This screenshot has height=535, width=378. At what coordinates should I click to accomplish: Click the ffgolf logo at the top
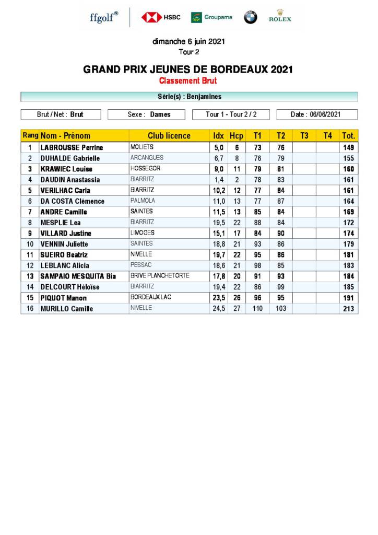coord(104,17)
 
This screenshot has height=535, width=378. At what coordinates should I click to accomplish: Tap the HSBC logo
coord(161,17)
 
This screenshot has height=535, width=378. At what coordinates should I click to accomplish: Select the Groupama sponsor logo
coord(211,17)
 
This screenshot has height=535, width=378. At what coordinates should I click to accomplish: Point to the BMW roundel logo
coord(251,17)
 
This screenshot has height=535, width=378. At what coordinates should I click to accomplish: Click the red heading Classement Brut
coord(188,81)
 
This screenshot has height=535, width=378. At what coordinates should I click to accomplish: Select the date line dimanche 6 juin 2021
coord(188,41)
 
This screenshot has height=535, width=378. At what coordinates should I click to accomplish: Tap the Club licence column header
coord(169,136)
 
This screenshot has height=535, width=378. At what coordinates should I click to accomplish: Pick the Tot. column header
coord(348,136)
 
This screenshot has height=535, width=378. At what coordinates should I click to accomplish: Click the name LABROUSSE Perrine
coord(72,148)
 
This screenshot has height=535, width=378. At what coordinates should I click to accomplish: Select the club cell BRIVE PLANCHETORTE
coord(160,276)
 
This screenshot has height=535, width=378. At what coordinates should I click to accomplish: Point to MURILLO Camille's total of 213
coord(348,309)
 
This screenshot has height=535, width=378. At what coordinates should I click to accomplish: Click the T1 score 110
coord(257,309)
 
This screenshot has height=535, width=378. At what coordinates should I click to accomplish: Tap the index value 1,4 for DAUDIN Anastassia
coord(219,180)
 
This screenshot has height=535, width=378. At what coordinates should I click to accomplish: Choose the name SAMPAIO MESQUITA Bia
coord(78,276)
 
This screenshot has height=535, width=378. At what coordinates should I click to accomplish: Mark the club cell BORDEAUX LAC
coord(151,297)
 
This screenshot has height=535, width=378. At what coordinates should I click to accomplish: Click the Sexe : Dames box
coord(149,114)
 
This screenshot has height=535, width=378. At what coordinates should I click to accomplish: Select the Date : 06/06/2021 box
coord(316,114)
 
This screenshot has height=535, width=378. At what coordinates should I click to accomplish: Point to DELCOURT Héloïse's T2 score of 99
coord(281,287)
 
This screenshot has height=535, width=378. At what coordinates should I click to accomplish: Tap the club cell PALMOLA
coord(142,201)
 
